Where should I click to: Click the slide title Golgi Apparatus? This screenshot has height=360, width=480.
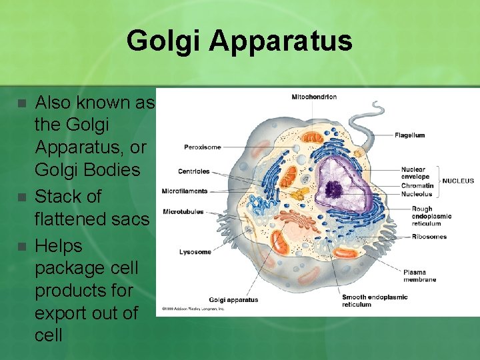click(x=239, y=41)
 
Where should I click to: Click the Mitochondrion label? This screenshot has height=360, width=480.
click(x=314, y=97)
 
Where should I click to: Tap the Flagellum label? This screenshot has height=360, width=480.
click(x=409, y=135)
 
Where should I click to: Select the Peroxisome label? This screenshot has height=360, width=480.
click(x=203, y=147)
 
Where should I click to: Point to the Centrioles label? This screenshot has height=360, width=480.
click(x=193, y=172)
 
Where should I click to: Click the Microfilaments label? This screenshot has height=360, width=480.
click(x=185, y=192)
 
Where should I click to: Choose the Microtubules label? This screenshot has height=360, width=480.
click(x=183, y=212)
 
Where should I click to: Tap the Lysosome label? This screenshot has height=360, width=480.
click(x=195, y=252)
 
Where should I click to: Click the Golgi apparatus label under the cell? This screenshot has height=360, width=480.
click(x=233, y=300)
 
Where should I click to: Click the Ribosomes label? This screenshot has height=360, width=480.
click(x=429, y=237)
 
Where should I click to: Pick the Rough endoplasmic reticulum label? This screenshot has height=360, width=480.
click(x=431, y=217)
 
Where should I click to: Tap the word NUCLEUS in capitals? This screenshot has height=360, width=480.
click(x=459, y=181)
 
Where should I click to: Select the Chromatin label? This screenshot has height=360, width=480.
click(x=417, y=186)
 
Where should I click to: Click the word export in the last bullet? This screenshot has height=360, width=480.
click(x=62, y=313)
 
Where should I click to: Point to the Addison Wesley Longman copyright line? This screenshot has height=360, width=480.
click(x=192, y=309)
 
